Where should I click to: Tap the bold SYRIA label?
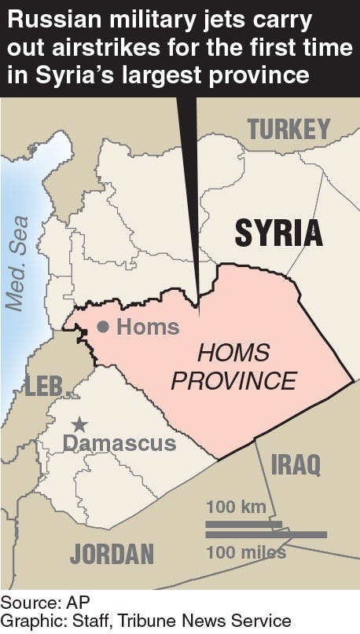click(278, 233)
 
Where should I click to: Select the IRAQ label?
click(296, 464)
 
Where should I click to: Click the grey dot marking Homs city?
click(102, 327)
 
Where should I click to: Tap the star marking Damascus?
click(79, 424)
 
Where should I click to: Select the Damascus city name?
click(119, 443)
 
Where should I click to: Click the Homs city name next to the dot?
click(148, 327)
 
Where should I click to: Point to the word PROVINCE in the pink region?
click(233, 382)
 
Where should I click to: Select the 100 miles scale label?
click(246, 553)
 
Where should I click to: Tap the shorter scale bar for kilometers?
click(244, 522)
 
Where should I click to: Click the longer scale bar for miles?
click(266, 535)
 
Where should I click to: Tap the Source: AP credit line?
click(35, 603)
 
